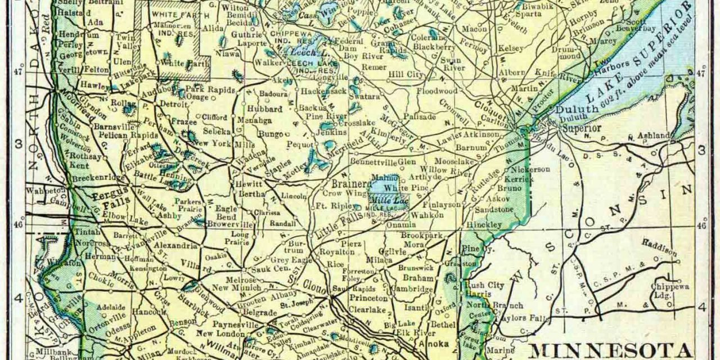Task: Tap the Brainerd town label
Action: pos(346,183)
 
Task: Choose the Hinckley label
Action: pos(483,224)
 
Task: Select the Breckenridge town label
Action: pos(100,177)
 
